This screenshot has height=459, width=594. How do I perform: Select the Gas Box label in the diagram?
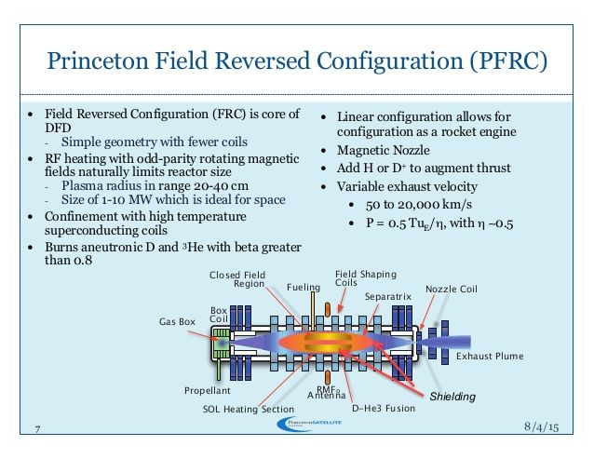(x=176, y=321)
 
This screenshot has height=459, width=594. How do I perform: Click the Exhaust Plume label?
(x=489, y=357)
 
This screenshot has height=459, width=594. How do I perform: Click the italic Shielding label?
(x=452, y=398)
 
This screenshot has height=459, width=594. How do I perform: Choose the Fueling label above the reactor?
(x=304, y=287)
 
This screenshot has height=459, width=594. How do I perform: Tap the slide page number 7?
(x=38, y=428)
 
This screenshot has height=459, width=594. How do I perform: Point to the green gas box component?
(x=221, y=345)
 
